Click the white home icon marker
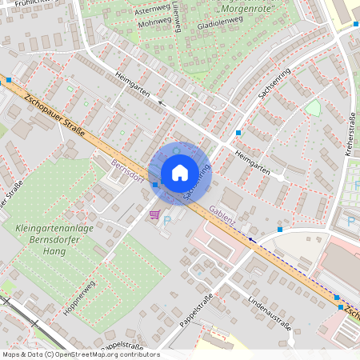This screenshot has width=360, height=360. [x=180, y=172]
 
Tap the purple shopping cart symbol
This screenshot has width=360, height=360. [x=154, y=214]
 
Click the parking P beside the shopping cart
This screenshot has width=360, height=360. [x=167, y=219]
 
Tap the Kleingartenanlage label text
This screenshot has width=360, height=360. [x=54, y=229]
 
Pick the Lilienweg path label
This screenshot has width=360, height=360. [x=176, y=16]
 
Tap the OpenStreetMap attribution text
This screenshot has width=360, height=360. [x=80, y=354]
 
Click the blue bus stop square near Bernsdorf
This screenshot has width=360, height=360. [x=155, y=185]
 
